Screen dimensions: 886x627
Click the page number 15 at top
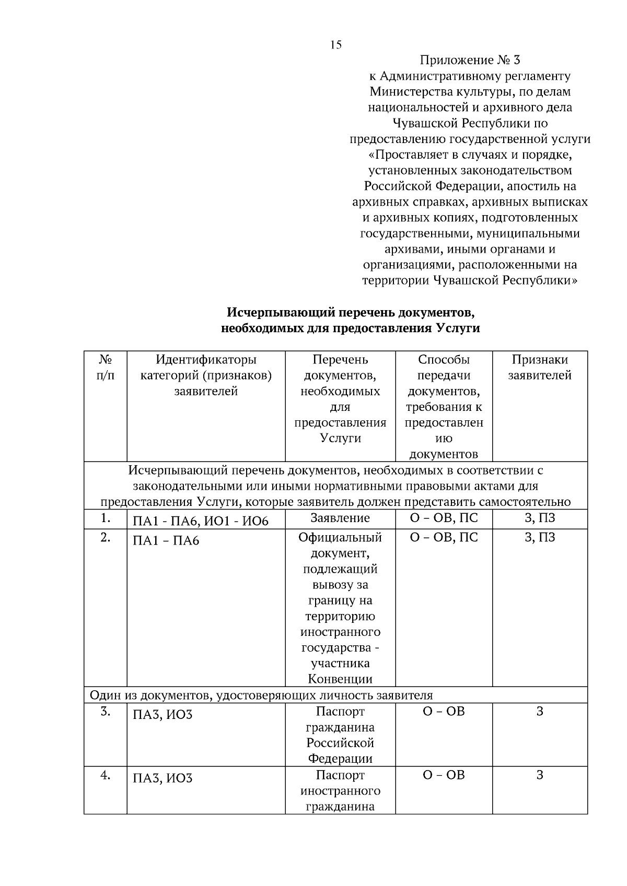336,45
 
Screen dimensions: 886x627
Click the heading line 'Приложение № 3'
470,60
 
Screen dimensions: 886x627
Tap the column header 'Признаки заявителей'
540,368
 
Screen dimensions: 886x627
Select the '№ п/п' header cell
106,368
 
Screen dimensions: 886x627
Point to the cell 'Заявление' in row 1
340,518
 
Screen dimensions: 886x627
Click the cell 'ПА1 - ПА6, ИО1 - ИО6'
201,521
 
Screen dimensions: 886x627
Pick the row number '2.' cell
106,537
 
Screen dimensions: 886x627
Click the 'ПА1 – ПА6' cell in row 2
166,540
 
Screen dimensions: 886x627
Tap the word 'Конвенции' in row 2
340,679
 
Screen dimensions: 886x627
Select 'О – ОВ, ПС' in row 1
444,518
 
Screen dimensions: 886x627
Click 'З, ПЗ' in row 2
540,537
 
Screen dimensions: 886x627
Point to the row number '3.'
106,711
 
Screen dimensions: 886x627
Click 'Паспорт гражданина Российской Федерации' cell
340,735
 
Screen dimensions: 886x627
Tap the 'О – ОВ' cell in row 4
444,775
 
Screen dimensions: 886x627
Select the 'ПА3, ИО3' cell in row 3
162,714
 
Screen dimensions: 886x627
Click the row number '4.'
106,775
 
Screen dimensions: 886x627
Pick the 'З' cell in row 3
540,711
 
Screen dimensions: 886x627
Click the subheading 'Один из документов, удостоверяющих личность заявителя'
261,695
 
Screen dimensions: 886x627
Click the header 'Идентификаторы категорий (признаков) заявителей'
206,375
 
